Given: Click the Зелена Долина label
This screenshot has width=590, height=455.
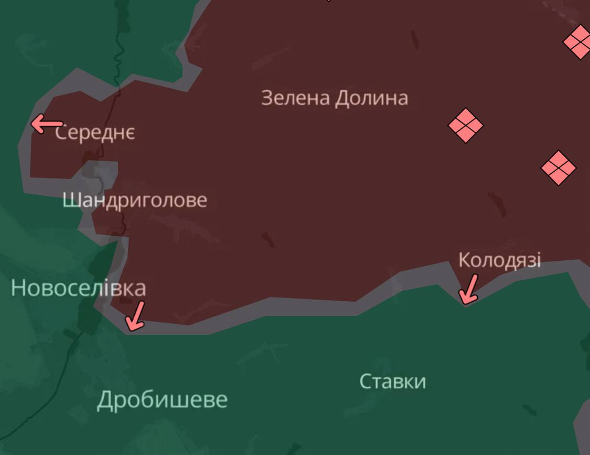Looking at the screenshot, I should (x=334, y=98).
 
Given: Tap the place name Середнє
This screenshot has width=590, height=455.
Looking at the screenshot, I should (x=95, y=133).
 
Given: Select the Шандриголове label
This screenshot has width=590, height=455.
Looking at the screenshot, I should (x=135, y=200).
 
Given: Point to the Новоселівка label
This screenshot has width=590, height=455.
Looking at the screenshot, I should (x=78, y=288).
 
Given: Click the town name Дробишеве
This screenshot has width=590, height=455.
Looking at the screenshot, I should (x=162, y=400).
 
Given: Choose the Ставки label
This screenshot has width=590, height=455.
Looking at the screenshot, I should (x=392, y=382).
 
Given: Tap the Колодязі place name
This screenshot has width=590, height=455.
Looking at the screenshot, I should (x=499, y=260).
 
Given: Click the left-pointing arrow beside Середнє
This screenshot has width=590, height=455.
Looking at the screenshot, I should (x=46, y=125).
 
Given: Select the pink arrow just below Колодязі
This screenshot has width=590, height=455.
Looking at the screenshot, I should (x=468, y=290).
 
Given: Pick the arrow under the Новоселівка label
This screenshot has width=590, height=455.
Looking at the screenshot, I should (x=136, y=316).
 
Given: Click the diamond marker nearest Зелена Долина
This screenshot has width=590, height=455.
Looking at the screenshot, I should (x=465, y=125).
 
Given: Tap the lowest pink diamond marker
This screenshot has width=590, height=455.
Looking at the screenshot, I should (x=558, y=168).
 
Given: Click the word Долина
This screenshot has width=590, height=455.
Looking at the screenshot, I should (x=371, y=98).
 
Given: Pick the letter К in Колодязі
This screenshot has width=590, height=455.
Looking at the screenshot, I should (x=464, y=260).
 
